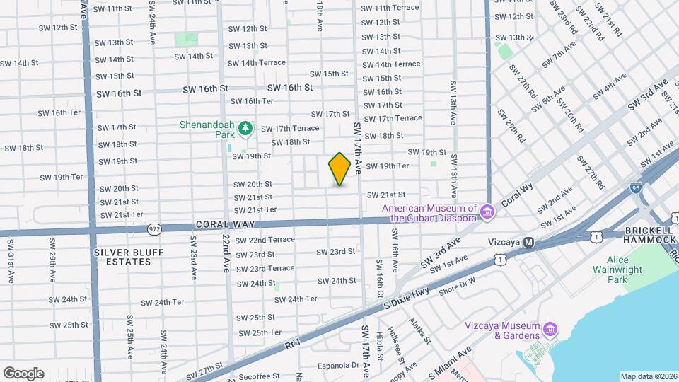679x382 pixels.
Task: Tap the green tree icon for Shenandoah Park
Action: pos(245,128)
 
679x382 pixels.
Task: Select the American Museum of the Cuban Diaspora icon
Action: pos(487,212)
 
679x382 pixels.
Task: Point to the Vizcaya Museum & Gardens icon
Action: pos(550,329)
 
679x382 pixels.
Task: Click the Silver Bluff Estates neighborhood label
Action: pos(128,257)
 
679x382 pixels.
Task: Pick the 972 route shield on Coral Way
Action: pos(156,228)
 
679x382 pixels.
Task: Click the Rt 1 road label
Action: pos(293,343)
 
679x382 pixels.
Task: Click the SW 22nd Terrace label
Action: pos(265,240)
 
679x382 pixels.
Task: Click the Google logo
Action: pos(23,373)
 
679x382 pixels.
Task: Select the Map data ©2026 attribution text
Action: pos(647,376)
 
